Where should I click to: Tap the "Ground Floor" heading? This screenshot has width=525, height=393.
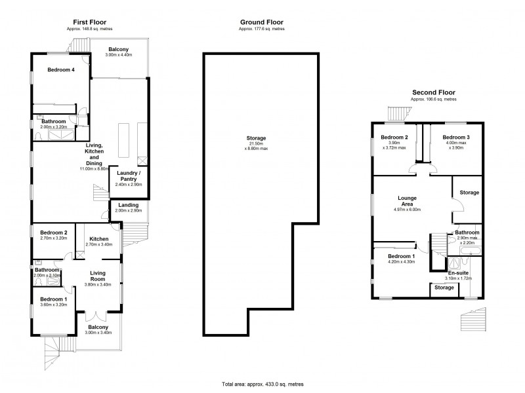coord(262,22)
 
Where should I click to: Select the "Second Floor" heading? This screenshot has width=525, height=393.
coord(433,92)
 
